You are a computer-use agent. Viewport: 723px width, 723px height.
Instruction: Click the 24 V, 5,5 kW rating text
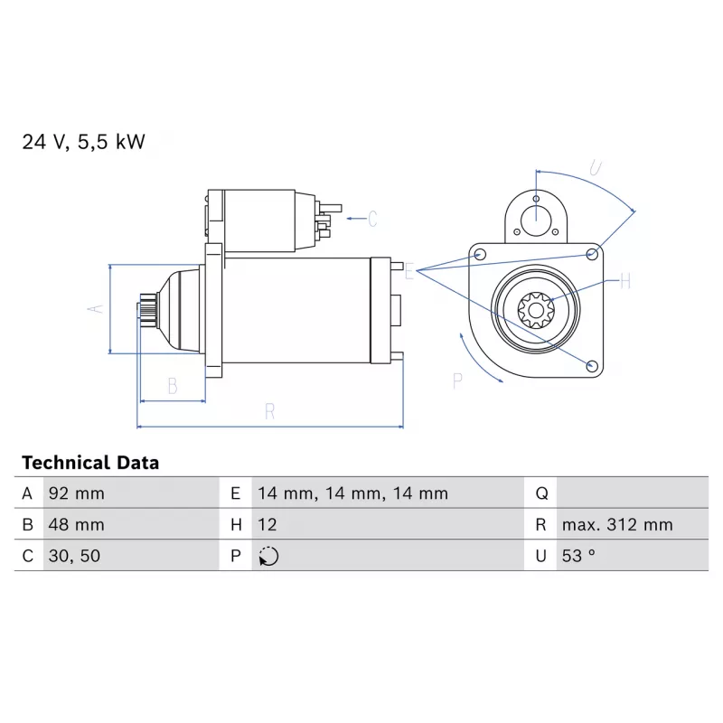coord(83,142)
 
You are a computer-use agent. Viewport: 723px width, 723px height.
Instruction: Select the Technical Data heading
coord(90,463)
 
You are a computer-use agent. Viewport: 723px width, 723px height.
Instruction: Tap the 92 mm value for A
coord(77,493)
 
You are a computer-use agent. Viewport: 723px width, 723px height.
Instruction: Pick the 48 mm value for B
coord(77,525)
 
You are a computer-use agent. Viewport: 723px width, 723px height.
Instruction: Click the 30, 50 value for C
coord(74,556)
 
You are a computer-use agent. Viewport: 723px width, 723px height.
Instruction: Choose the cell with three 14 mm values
coord(352,493)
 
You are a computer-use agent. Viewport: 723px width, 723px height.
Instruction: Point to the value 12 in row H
coord(267,525)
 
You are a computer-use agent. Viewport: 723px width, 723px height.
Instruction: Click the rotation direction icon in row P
coord(268,556)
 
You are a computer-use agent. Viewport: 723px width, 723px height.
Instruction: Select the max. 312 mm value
coord(617,525)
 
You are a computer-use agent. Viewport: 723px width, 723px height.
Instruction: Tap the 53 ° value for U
coord(578,556)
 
